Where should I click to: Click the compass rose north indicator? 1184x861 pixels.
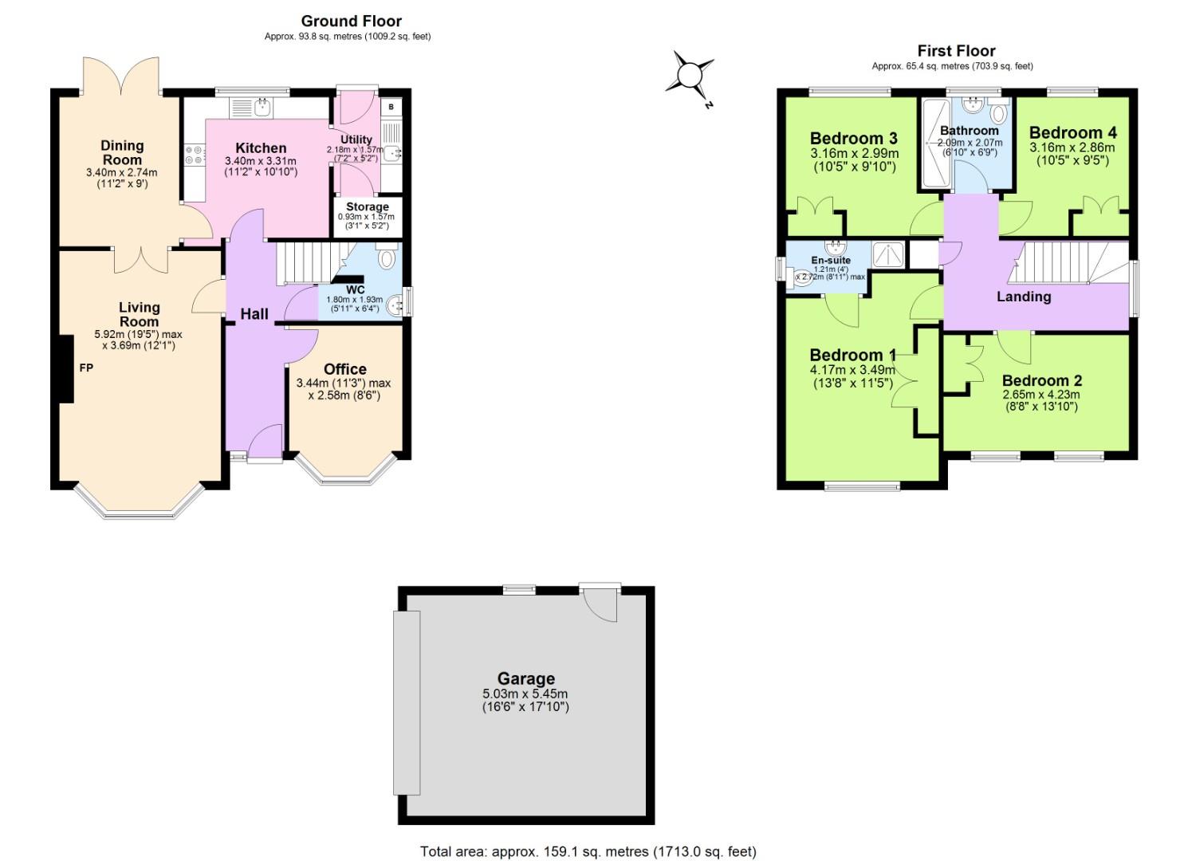pos(690,77)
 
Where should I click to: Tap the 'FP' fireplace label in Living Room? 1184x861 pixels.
pos(85,368)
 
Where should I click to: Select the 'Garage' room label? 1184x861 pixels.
pos(525,678)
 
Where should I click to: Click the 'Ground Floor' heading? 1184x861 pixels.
pos(351,22)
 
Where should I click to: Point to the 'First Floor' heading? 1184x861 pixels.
pos(956,51)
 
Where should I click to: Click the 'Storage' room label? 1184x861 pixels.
pos(367,206)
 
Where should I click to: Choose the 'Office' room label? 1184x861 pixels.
pos(345,369)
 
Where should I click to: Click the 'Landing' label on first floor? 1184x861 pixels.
pos(1024,297)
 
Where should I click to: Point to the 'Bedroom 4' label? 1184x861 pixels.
pos(1072,132)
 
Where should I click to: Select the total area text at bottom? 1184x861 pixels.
pos(588,851)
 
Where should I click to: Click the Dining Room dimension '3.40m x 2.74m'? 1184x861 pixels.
pos(121,172)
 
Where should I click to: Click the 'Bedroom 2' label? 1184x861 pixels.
pos(1041,380)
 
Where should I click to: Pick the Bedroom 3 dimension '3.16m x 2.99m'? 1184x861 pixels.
pos(854,154)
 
